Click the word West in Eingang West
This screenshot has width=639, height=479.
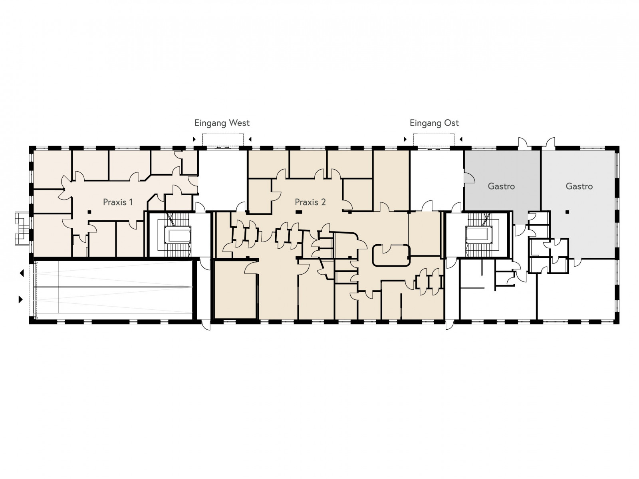239,123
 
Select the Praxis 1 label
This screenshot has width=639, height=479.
118,202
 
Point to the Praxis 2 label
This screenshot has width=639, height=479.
310,202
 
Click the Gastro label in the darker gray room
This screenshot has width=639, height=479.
501,186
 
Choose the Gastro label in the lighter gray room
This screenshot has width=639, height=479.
579,186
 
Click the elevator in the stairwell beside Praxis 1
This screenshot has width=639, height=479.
178,235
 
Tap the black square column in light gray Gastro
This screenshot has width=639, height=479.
567,212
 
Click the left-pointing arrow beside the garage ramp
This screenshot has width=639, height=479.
22,273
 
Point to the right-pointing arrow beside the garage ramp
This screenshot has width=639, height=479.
21,299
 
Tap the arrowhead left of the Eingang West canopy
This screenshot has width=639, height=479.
194,139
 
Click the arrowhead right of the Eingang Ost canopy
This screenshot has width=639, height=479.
461,139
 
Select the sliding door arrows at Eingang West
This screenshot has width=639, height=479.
223,148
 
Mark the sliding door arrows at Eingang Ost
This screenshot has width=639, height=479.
434,149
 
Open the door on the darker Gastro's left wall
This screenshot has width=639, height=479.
469,178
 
